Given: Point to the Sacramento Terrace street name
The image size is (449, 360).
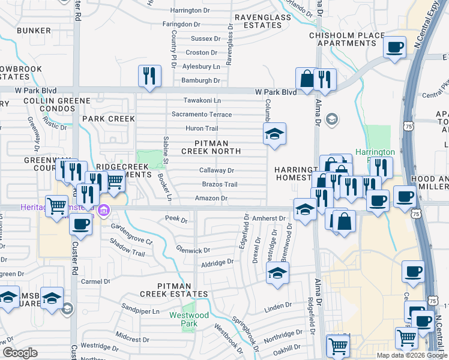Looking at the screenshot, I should (202, 114).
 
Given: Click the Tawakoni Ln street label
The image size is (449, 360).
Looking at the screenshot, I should (202, 100).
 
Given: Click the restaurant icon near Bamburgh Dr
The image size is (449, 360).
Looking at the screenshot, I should (149, 76).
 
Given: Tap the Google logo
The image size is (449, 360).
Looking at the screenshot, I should (20, 352).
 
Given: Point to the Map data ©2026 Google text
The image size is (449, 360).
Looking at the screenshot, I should (412, 355).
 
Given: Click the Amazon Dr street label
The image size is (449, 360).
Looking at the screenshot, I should (211, 198).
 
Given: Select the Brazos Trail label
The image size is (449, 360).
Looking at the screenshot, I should (219, 184).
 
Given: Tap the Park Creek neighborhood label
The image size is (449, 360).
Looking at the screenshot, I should (109, 119).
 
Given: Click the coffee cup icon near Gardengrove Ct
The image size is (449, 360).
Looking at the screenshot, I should (80, 224).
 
